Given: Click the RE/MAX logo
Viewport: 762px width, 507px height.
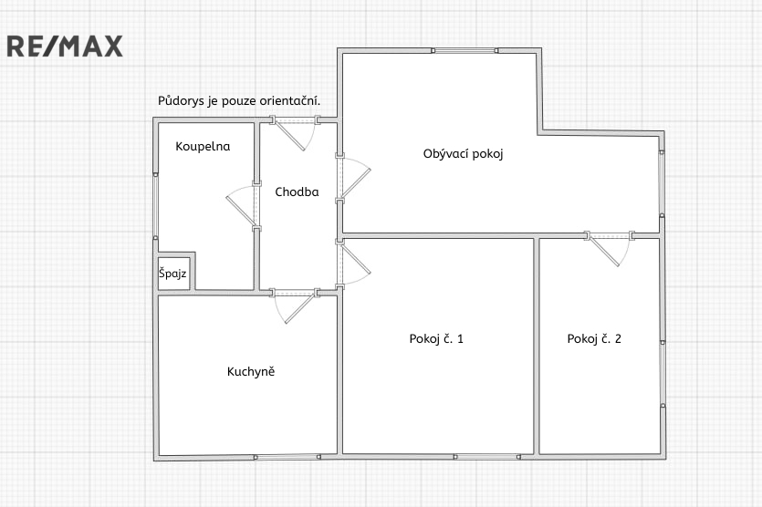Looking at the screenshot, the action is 65,47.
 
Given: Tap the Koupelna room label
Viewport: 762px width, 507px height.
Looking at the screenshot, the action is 203,147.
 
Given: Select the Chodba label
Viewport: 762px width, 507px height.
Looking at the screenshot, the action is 297,191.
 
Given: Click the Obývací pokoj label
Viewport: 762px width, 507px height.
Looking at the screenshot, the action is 463,154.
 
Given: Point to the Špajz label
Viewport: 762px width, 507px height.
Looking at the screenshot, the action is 172,274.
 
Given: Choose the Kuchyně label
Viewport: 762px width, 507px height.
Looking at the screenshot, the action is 251,371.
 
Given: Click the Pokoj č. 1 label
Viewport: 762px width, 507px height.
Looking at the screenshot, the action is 436,339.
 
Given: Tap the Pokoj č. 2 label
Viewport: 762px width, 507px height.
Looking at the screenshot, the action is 594,339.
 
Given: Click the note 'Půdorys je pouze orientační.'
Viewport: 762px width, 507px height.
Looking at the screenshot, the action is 239,101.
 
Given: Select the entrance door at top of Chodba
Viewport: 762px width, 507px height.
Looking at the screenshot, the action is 295,132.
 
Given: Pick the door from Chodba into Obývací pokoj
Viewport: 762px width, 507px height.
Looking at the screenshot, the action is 353,178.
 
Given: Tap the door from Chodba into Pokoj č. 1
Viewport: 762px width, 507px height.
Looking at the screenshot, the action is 353,264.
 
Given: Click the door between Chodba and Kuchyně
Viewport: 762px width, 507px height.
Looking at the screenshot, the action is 295,306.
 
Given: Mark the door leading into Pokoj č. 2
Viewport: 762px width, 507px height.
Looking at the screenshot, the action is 610,250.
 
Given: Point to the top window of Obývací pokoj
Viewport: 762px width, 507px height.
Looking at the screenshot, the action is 465,50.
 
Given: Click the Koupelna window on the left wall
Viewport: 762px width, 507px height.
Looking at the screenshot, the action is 155,206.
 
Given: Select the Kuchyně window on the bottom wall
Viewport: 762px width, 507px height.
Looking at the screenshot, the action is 287,457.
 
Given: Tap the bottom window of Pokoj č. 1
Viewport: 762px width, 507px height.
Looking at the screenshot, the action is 487,457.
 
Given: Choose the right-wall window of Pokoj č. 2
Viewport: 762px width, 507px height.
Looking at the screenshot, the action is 663,374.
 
